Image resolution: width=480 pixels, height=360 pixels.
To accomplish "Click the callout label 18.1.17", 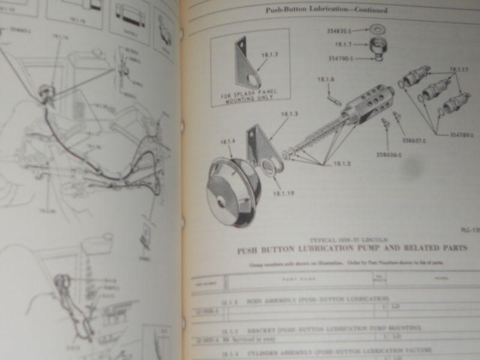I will tap(458, 68).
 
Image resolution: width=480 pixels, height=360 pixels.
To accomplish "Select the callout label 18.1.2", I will tap(342, 163).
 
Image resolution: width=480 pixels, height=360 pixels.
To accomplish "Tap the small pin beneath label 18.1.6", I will tap(332, 95).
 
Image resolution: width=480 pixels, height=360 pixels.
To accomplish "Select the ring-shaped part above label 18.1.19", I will tap(269, 169).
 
